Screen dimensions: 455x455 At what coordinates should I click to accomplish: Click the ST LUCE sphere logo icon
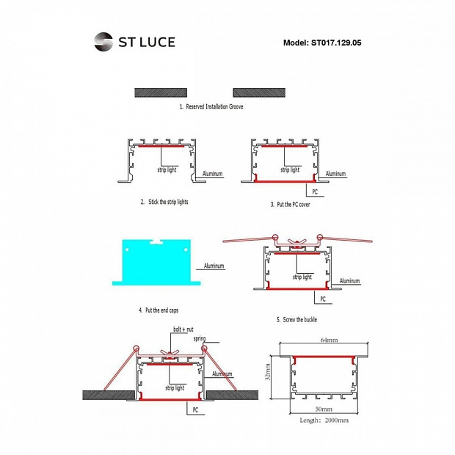point(103,42)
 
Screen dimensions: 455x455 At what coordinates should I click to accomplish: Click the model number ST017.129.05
point(336,43)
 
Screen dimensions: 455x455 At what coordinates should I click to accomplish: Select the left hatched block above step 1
point(161,93)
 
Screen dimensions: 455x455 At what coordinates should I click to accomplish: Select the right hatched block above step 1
point(259,93)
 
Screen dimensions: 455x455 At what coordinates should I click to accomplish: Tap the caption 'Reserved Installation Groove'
point(214,106)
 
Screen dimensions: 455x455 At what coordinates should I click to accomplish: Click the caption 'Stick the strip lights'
point(168,202)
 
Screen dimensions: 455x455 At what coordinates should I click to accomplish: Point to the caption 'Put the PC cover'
point(294,204)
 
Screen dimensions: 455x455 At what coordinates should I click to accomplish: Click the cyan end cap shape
point(156,263)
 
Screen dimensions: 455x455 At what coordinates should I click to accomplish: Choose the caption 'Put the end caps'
point(161,310)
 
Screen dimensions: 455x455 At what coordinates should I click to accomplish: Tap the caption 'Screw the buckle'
point(299,319)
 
